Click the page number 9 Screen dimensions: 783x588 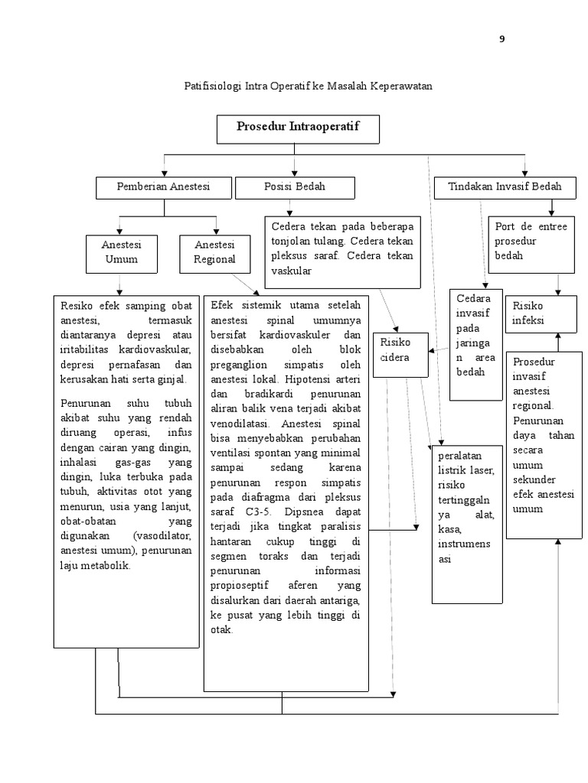502,39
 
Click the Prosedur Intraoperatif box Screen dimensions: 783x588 298,128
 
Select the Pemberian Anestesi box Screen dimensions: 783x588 162,187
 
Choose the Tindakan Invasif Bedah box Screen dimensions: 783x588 505,187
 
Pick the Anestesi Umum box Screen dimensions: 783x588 122,252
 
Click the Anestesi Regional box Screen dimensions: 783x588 215,252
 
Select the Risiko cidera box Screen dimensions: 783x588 400,354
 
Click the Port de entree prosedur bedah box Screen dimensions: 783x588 531,242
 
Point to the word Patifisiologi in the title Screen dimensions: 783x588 212,86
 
